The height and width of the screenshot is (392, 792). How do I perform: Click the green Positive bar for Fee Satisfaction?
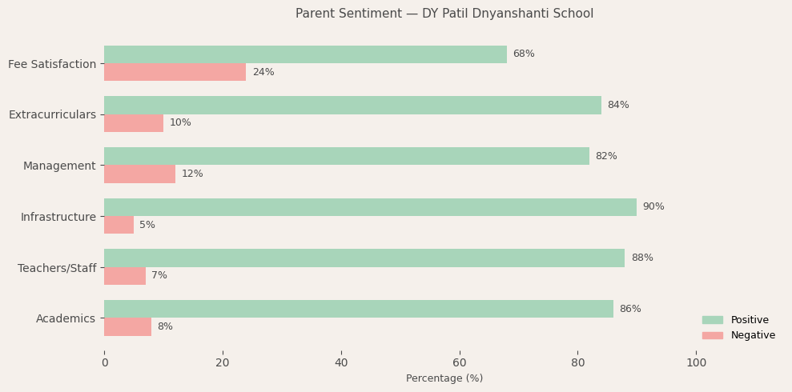pos(305,54)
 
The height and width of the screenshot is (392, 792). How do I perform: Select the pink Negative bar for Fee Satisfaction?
pos(175,72)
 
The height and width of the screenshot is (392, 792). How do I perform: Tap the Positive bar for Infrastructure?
pos(370,207)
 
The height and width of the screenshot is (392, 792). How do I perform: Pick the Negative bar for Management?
pos(139,174)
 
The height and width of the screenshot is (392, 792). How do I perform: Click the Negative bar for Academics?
pos(127,326)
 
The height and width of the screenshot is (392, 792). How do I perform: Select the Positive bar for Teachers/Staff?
pos(364,258)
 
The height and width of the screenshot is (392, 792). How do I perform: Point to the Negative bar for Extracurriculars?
pos(134,123)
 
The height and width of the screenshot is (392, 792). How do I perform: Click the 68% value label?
pos(524,54)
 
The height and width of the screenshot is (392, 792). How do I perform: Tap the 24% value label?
pos(263,73)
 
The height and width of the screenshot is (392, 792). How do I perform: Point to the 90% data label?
pos(653,207)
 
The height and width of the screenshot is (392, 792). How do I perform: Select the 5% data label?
pos(147,226)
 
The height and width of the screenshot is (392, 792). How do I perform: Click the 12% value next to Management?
pos(192,174)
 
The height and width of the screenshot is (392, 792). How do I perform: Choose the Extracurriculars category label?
pos(52,114)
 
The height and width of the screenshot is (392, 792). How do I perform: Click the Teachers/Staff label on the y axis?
pos(57,268)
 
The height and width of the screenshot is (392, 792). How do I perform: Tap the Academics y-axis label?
pos(66,318)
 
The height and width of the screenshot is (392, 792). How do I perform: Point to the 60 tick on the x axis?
pos(460,363)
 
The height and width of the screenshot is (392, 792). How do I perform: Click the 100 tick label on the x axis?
pos(697,363)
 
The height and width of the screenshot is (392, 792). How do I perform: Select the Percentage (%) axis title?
pos(444,378)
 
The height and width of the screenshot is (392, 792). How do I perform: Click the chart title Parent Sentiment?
pos(444,14)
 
